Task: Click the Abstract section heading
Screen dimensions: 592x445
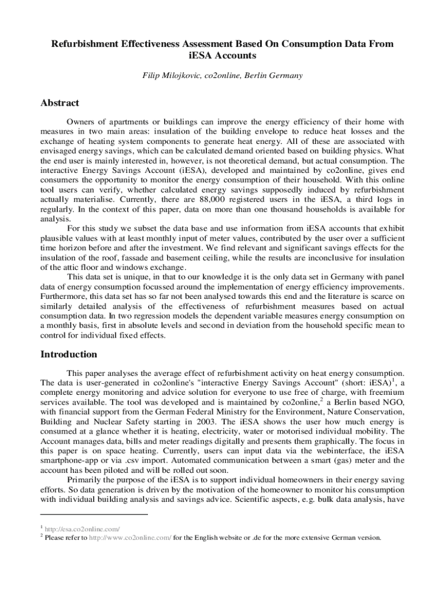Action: pos(60,103)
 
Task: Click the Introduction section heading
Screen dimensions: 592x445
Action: pos(69,354)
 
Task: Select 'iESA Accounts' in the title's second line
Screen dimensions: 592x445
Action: pos(222,56)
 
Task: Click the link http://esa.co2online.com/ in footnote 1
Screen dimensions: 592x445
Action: pos(83,528)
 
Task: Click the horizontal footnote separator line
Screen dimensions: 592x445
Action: pos(94,514)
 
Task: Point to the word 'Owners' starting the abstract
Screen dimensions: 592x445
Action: pos(80,122)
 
